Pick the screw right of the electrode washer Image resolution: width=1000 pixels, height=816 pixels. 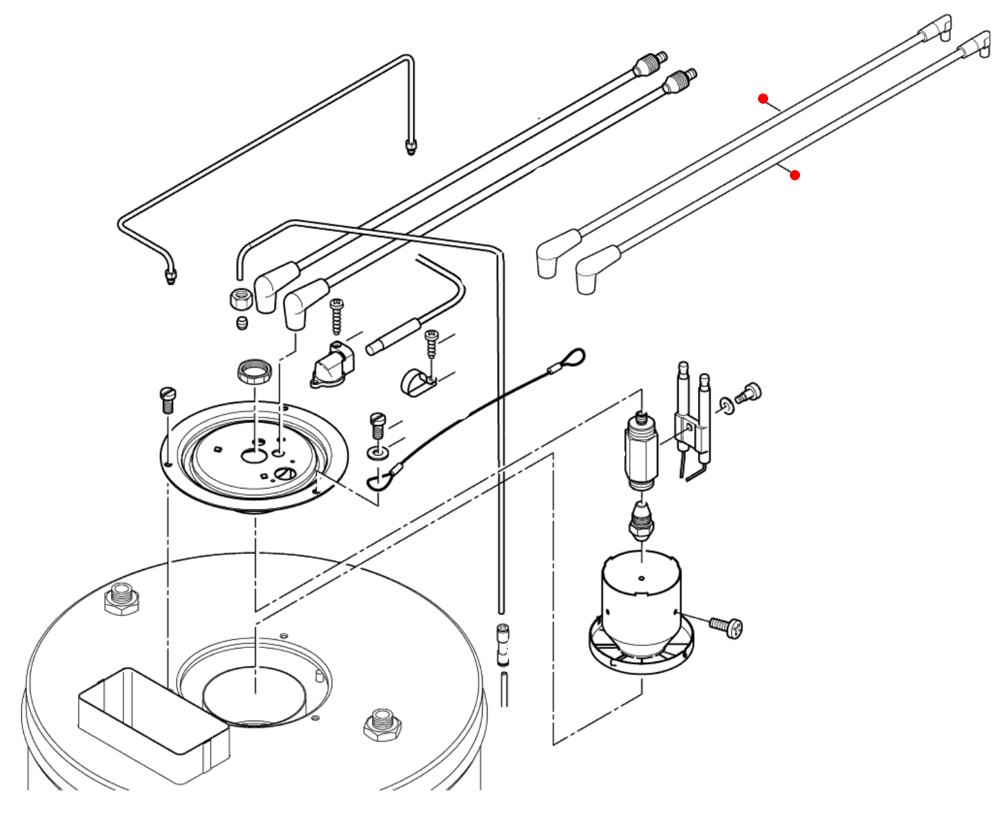tap(750, 393)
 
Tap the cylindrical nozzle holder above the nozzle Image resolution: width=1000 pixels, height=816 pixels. tap(641, 451)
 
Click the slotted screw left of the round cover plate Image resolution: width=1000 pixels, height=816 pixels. tap(167, 399)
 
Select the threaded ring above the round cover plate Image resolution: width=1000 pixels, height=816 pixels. tap(256, 371)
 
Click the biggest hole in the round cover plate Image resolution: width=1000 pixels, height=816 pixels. tap(254, 455)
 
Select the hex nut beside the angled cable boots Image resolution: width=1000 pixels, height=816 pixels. tap(241, 298)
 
